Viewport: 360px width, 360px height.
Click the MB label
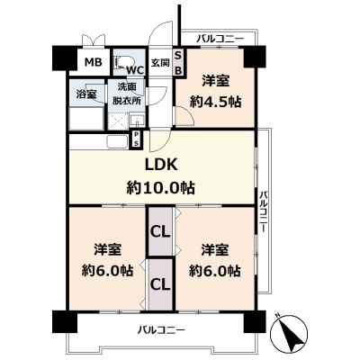[92, 62]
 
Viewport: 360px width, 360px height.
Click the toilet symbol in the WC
[120, 63]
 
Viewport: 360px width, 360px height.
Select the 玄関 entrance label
[159, 62]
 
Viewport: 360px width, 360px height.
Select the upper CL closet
[160, 231]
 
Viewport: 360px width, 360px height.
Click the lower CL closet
[160, 283]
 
